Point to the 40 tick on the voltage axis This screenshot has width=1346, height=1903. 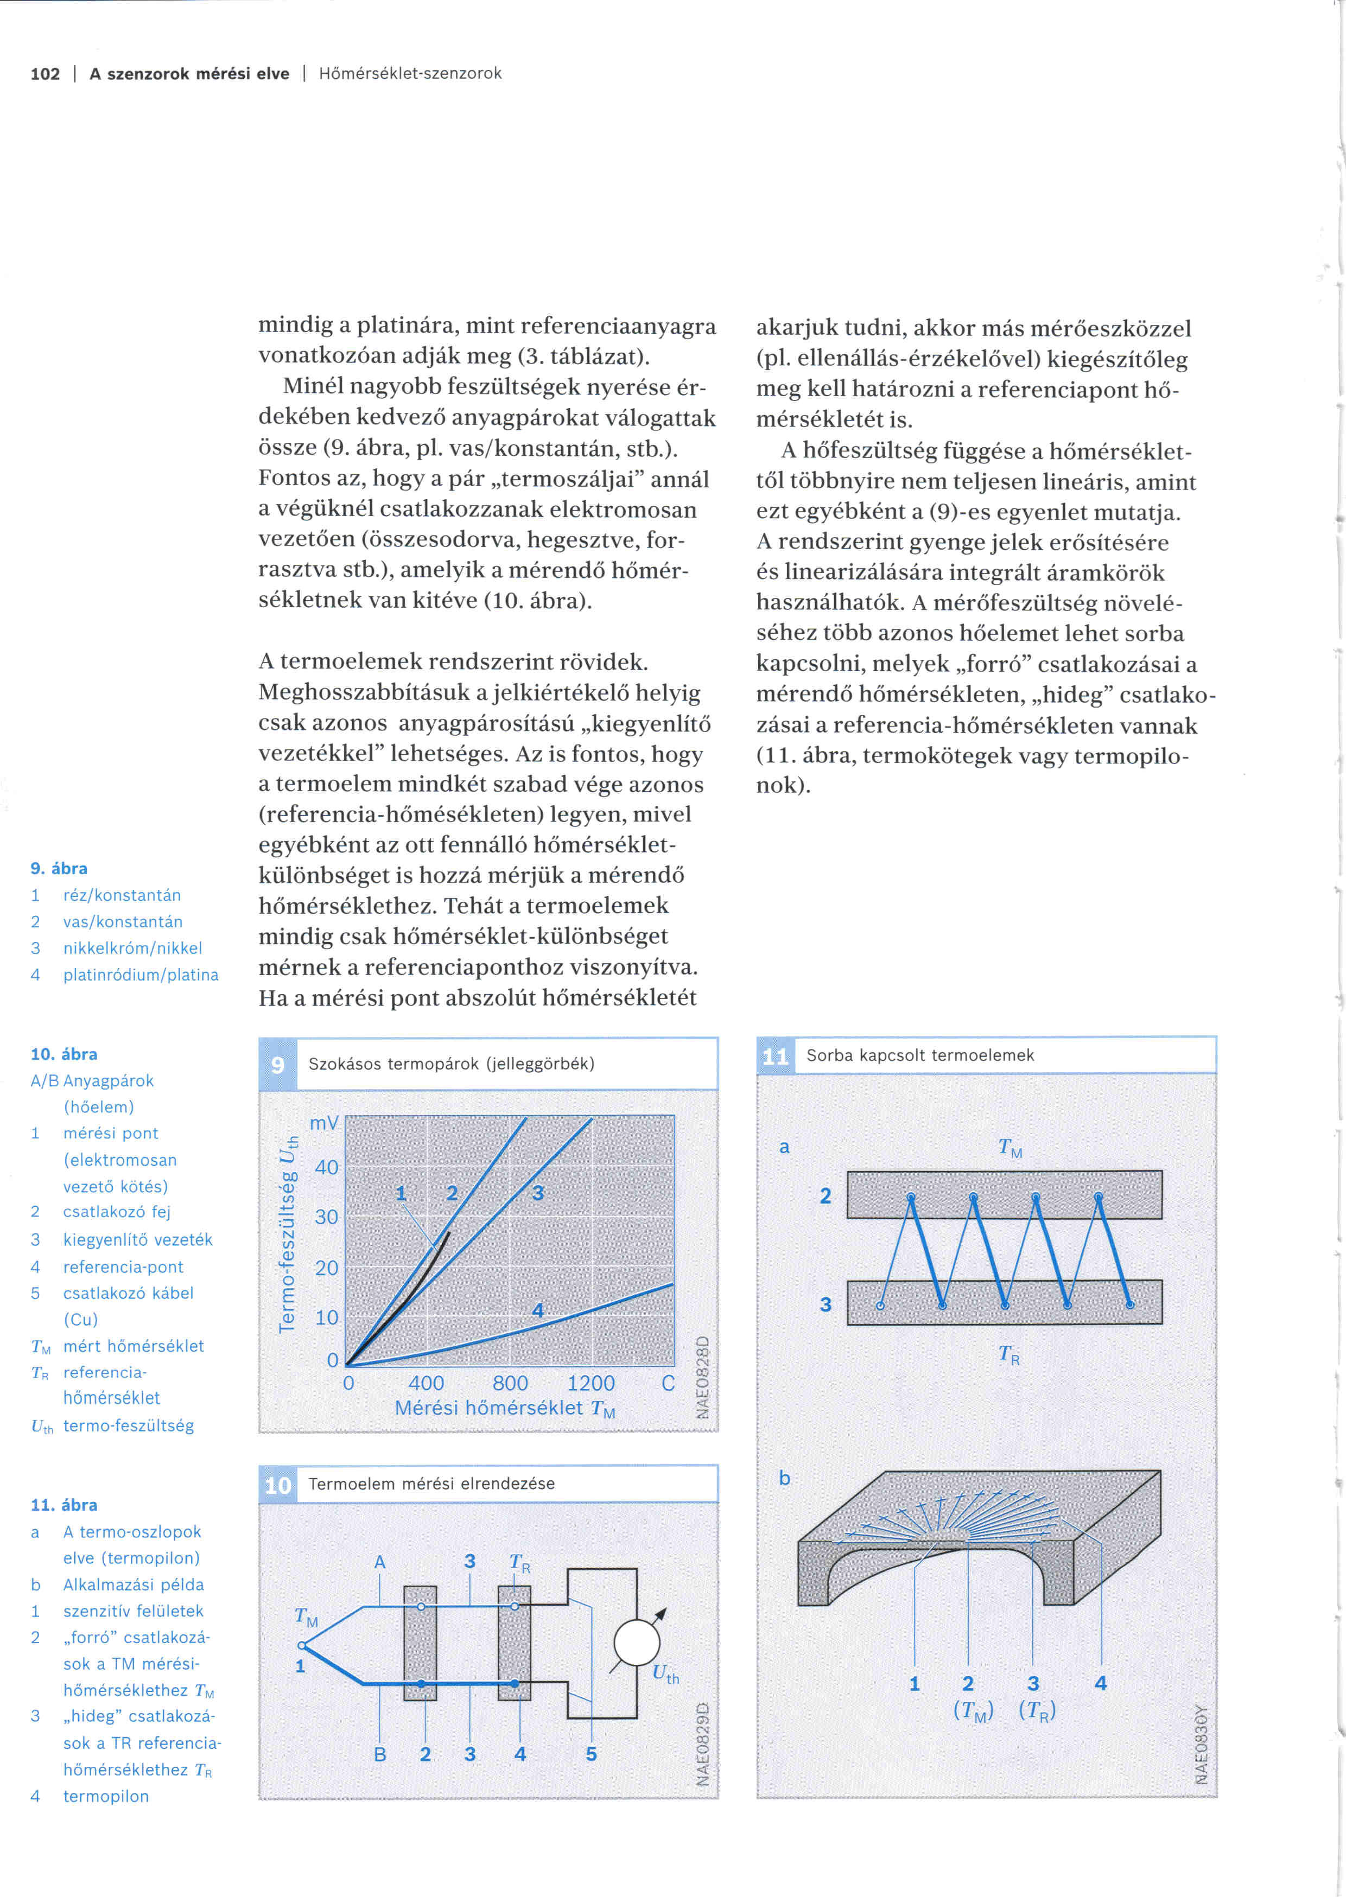pyautogui.click(x=327, y=1167)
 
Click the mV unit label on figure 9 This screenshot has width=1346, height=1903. pyautogui.click(x=324, y=1123)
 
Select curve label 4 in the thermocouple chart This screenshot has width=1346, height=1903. pyautogui.click(x=538, y=1310)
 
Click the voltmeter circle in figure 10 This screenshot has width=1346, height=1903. pyautogui.click(x=637, y=1643)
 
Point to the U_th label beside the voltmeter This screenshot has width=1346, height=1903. pyautogui.click(x=665, y=1673)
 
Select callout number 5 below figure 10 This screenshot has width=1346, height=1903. pyautogui.click(x=591, y=1754)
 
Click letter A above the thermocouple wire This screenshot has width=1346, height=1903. pyautogui.click(x=379, y=1562)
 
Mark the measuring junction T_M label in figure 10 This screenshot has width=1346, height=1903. pyautogui.click(x=306, y=1617)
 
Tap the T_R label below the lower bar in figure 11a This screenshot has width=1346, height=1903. pyautogui.click(x=1008, y=1354)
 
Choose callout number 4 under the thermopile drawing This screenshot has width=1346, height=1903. pyautogui.click(x=1101, y=1683)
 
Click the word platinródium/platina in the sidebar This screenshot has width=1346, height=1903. pyautogui.click(x=141, y=975)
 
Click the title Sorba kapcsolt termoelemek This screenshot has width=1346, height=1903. pyautogui.click(x=920, y=1055)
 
